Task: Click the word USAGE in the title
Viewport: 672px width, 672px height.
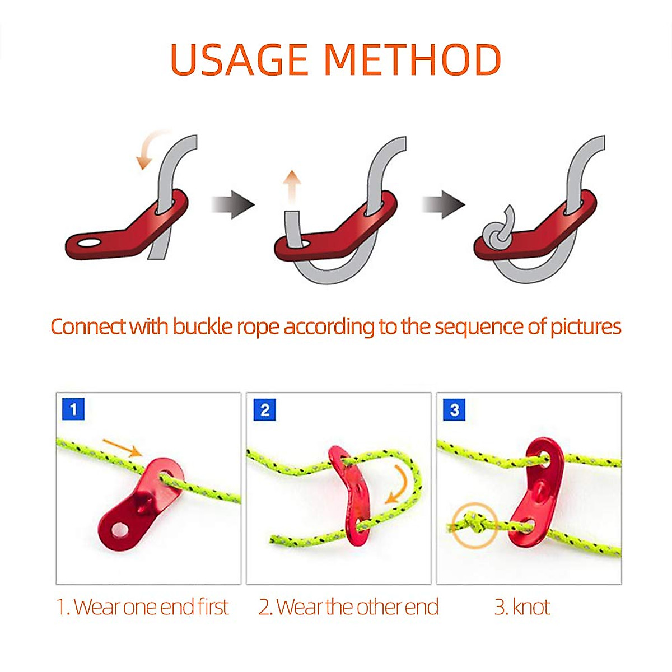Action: (x=240, y=59)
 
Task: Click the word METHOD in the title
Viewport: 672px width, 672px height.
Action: (x=412, y=59)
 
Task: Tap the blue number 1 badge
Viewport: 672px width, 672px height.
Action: (x=73, y=409)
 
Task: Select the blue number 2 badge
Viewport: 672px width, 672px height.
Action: (x=264, y=409)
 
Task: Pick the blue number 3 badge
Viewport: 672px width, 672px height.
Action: (x=454, y=409)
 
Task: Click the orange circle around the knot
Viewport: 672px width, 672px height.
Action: (x=475, y=525)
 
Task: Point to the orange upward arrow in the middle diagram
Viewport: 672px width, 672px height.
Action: (x=291, y=188)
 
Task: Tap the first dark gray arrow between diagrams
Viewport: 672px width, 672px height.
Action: (x=233, y=204)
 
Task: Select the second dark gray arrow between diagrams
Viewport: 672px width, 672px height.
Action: (x=444, y=204)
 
